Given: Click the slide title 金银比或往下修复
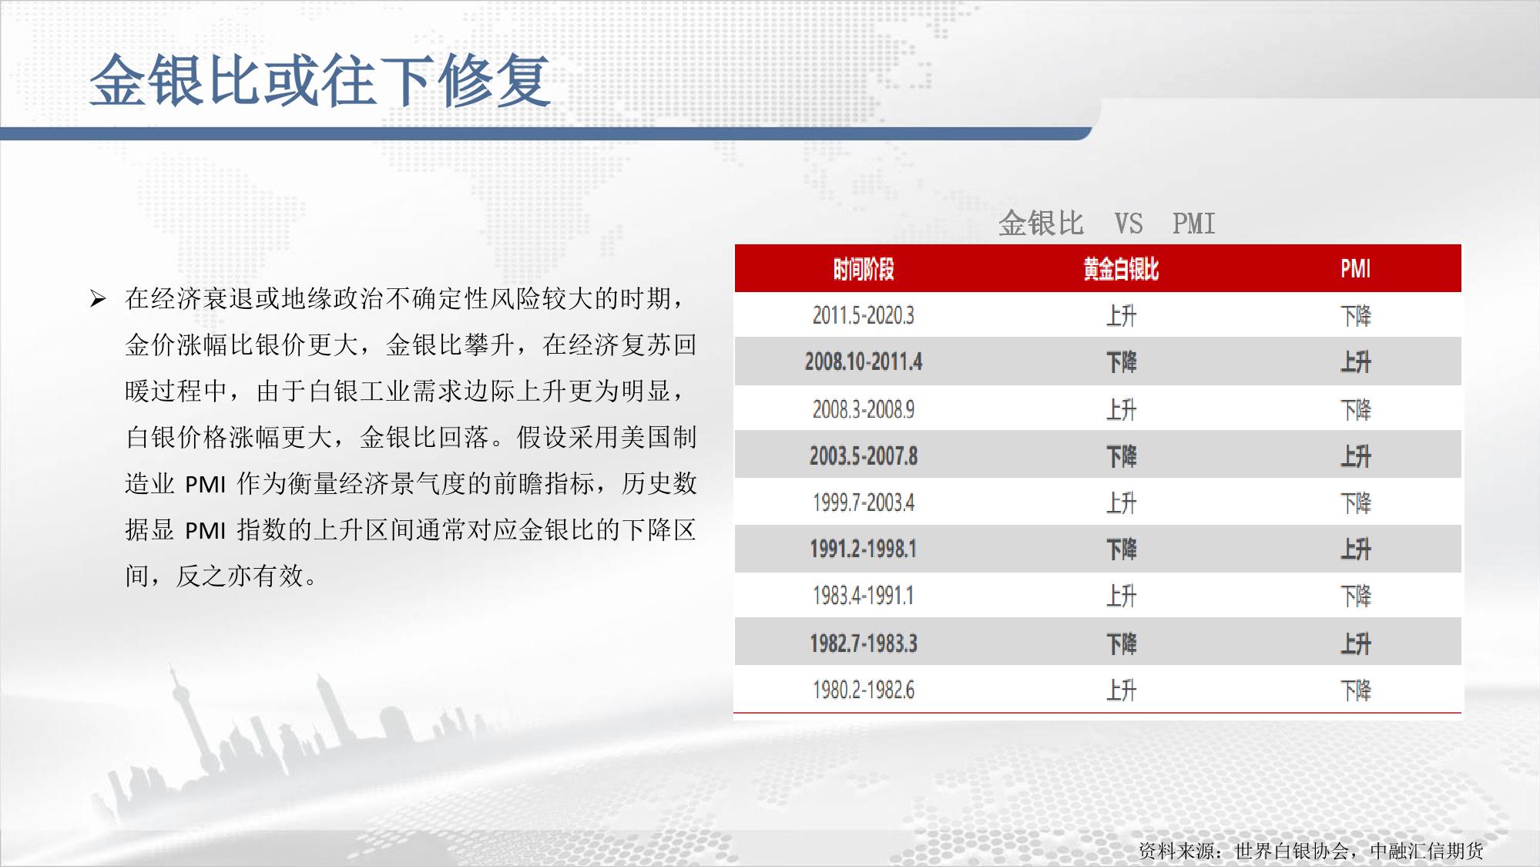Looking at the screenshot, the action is pos(320,80).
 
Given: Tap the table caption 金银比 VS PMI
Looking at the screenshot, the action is pos(1106,223).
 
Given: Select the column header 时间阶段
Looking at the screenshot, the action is pos(863,269).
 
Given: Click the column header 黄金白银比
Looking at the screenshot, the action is pos(1121,269).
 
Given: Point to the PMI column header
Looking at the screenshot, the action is pos(1355,269).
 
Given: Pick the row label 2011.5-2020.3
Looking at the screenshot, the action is pos(863,315).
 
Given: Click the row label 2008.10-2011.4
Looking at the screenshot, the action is pos(863,361).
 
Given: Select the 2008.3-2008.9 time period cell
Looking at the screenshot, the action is pos(863,409).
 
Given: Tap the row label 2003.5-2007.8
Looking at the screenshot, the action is pos(863,456).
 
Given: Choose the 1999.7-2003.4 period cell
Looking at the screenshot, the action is pos(863,502).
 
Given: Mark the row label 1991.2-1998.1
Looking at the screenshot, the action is pos(863,549).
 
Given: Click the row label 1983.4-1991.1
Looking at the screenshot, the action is pos(863,596).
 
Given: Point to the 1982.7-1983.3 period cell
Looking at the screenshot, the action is pos(863,643).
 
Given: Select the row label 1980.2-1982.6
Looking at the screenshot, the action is pos(863,690).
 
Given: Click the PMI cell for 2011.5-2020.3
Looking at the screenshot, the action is pos(1355,316).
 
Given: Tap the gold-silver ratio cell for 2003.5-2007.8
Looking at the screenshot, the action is pos(1121,456).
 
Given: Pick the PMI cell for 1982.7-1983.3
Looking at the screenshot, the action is pos(1355,644).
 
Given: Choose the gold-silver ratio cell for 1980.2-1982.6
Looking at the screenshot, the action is pos(1121,690).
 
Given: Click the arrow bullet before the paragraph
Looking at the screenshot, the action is pos(97,298).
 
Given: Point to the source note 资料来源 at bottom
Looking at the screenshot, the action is pos(1311,851).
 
